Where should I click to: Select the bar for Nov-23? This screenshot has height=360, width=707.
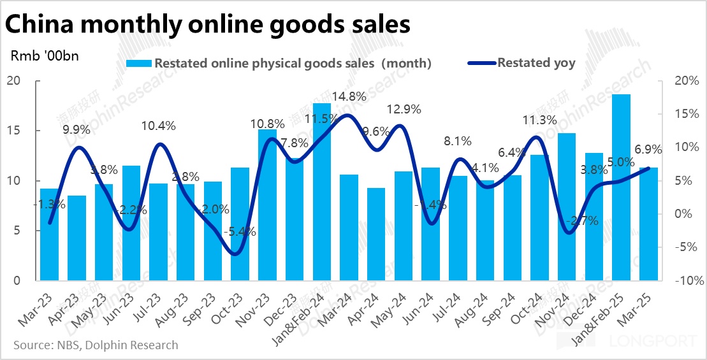tap(267, 205)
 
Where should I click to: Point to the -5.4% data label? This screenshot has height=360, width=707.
tap(239, 233)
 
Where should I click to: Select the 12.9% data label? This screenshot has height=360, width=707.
tap(404, 110)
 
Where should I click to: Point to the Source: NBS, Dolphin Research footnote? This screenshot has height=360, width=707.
tap(96, 345)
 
